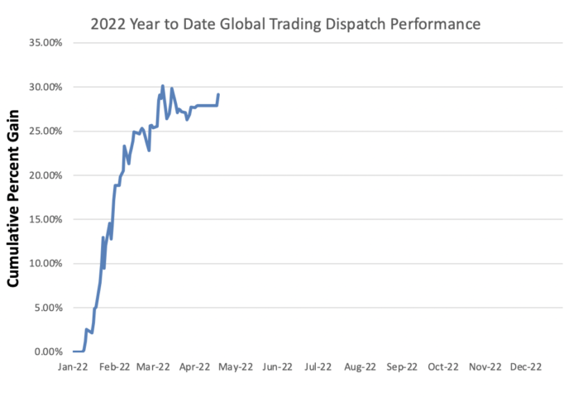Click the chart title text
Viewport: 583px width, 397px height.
point(286,25)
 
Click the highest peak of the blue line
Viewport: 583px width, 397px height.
point(162,85)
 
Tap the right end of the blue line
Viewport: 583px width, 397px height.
point(218,94)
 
